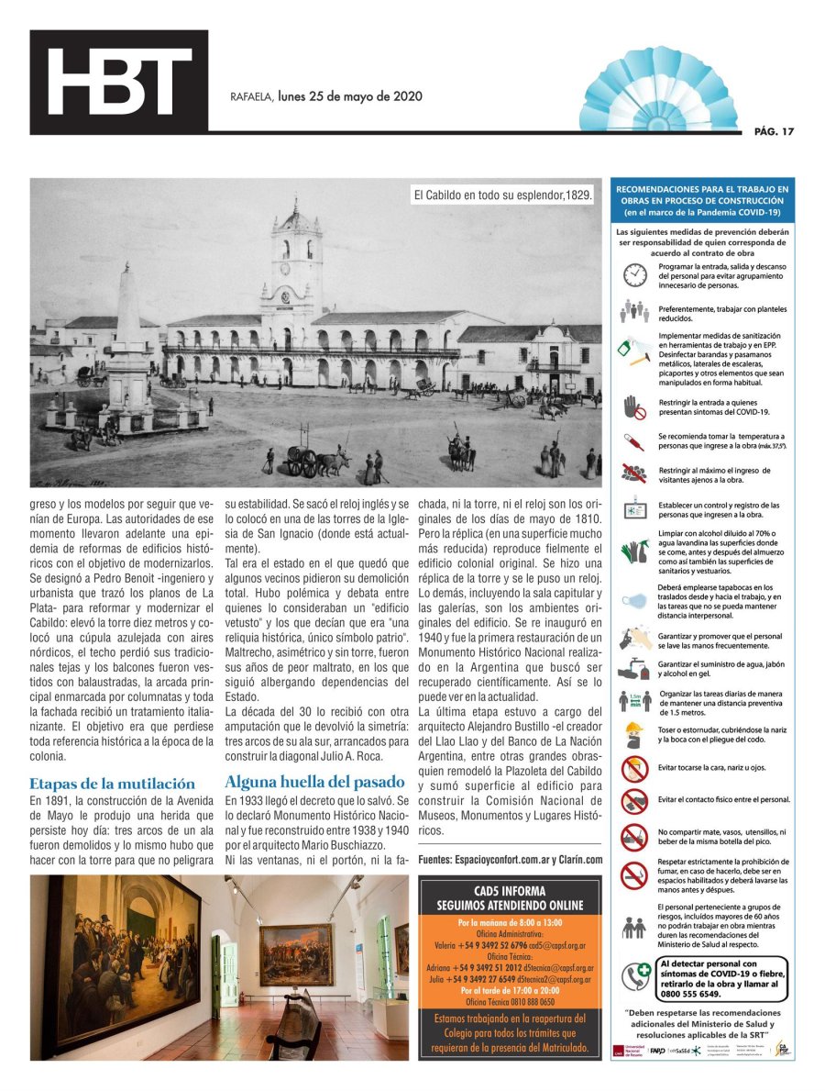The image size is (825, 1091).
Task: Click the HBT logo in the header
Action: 119,82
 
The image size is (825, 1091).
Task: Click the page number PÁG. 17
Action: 774,131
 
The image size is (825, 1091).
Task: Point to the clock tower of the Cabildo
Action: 296,266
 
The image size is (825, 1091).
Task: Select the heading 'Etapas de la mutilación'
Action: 112,783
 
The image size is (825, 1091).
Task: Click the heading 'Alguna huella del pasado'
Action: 314,782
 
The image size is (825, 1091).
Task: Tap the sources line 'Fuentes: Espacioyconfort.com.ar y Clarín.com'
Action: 510,859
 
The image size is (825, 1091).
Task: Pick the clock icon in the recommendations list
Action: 634,273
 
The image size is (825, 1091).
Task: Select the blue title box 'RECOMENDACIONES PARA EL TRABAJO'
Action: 704,200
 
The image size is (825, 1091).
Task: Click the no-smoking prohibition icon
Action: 634,874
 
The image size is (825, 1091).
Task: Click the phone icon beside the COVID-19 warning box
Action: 636,976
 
